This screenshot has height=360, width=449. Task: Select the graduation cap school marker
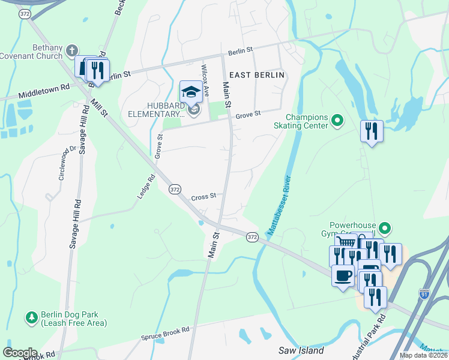[191, 92]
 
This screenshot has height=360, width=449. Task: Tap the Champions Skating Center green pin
[337, 121]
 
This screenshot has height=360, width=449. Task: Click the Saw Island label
[301, 350]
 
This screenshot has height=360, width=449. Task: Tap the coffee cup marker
[343, 276]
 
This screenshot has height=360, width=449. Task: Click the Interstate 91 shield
[424, 294]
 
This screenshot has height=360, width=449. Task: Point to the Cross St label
[203, 197]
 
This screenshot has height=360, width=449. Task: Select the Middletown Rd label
[44, 91]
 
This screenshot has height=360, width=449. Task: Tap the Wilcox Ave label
[205, 82]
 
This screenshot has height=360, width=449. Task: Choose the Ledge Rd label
[146, 186]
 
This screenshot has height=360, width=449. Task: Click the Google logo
[20, 352]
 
